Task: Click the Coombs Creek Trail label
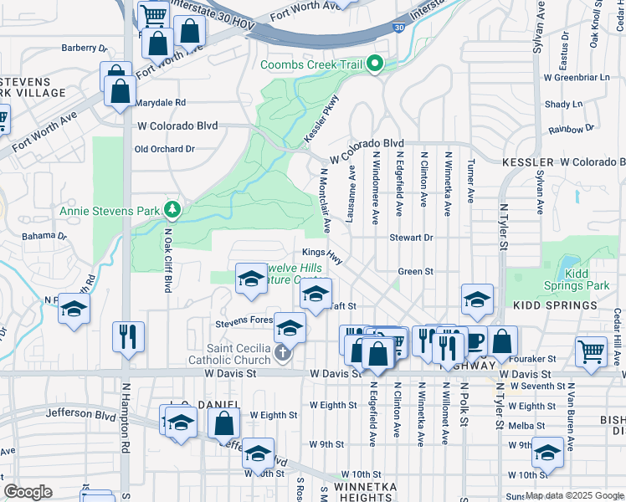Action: pos(314,64)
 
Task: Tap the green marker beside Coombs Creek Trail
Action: pos(376,64)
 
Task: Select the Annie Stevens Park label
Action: pos(109,211)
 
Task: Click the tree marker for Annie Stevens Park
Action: pos(172,208)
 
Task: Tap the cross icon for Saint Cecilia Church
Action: pos(284,355)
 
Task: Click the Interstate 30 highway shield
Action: pos(400,28)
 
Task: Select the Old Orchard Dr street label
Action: pos(165,149)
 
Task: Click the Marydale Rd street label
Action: pos(160,102)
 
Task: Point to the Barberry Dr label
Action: pos(85,49)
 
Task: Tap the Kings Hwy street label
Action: pos(323,254)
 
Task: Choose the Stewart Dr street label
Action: pos(411,238)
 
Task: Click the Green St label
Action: pos(415,271)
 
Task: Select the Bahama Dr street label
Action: pos(44,236)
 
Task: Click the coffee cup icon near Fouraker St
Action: pos(476,341)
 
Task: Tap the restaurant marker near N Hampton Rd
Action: pos(128,337)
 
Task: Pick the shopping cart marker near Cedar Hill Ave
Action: pos(591,351)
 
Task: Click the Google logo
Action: pos(28,492)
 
